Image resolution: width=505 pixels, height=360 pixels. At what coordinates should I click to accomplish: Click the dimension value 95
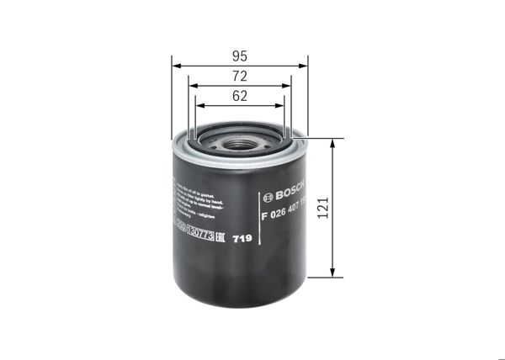tap(239, 56)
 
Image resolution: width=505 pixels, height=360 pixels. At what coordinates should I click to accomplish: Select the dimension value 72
tap(239, 77)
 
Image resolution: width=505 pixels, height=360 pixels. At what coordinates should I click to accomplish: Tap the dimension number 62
tap(239, 97)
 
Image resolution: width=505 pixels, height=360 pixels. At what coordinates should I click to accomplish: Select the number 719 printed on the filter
tap(242, 239)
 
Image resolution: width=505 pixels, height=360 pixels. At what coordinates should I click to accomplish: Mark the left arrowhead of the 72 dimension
tap(192, 85)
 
